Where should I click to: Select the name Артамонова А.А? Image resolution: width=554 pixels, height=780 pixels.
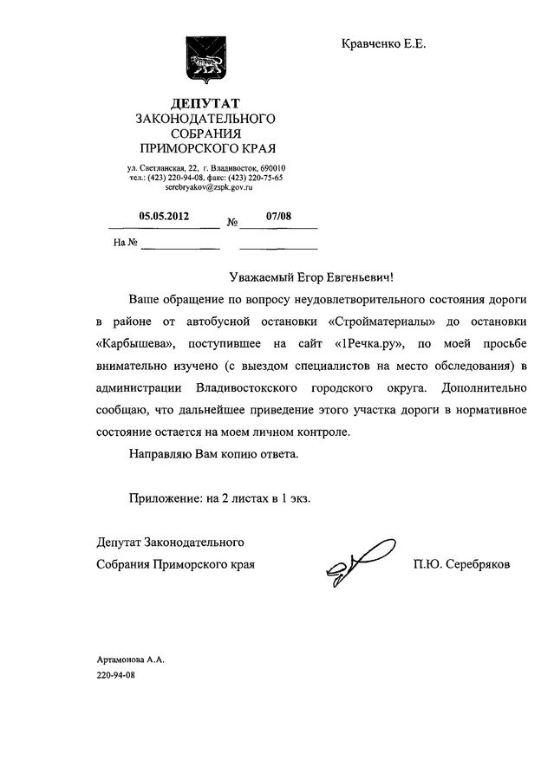click(130, 660)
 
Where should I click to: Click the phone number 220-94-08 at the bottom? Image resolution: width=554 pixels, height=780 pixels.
click(117, 675)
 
